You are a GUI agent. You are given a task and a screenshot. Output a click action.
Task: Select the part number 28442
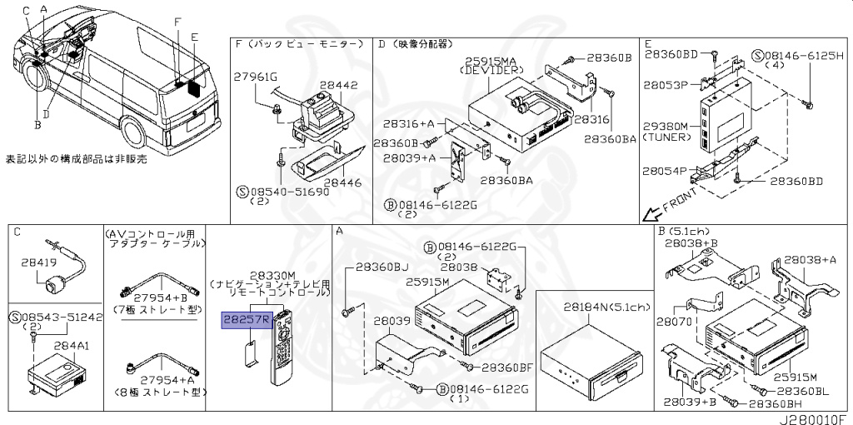point(340,85)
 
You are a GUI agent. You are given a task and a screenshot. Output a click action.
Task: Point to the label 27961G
point(255,77)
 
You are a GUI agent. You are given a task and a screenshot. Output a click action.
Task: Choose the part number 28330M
point(272,275)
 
